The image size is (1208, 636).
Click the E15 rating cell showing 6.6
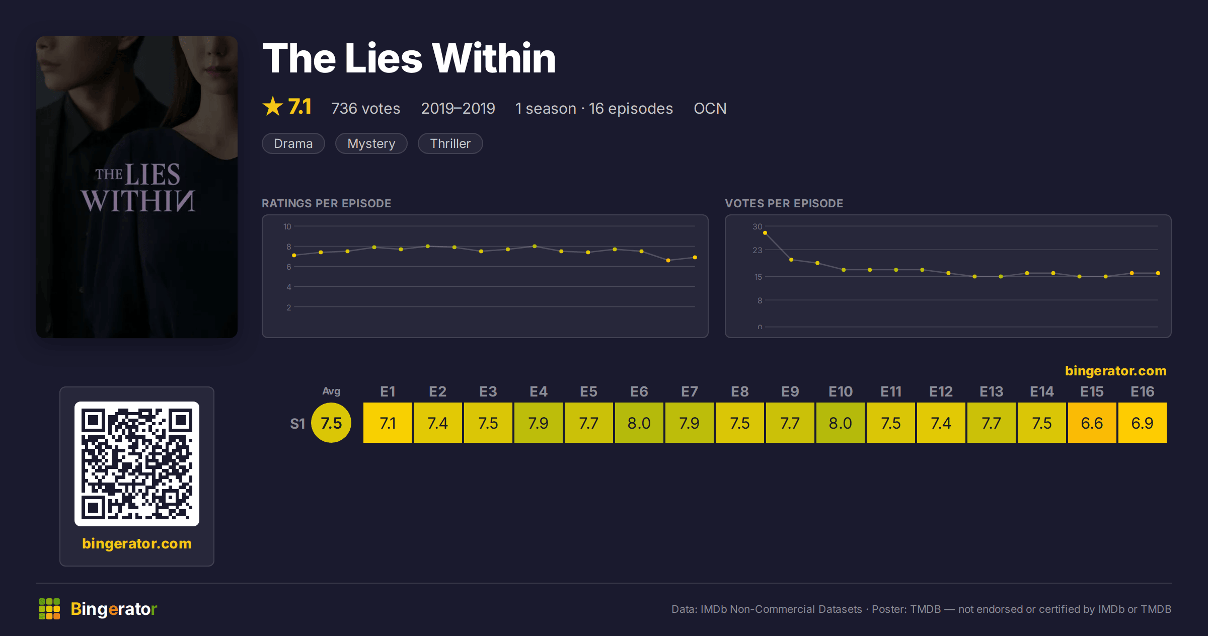[1092, 423]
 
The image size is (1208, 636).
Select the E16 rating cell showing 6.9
[1142, 423]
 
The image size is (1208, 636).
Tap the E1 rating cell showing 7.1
[387, 423]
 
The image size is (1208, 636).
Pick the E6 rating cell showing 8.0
[639, 423]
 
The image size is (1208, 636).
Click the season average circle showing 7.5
[331, 423]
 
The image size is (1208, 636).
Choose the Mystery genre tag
[371, 143]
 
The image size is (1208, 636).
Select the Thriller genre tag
[450, 143]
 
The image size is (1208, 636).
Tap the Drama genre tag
[293, 143]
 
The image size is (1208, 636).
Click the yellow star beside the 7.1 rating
[273, 106]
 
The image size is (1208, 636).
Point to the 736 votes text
[366, 108]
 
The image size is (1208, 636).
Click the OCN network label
[710, 108]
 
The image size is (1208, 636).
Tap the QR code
[137, 464]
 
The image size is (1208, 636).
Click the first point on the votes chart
[765, 233]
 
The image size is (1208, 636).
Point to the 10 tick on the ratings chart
[287, 226]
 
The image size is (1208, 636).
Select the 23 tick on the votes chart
[758, 250]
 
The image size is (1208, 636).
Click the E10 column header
[841, 391]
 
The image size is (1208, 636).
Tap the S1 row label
[297, 424]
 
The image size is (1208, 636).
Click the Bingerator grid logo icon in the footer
[49, 609]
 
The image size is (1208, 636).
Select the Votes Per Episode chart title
[784, 203]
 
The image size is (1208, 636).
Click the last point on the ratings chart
[695, 258]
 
